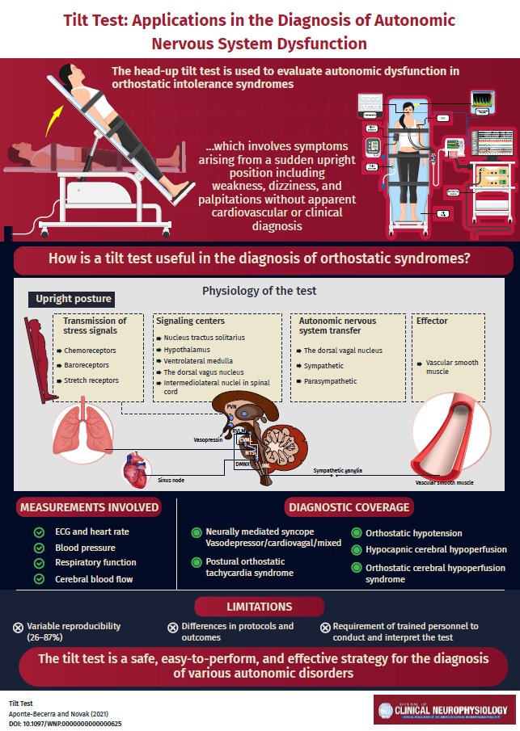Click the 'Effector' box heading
432,321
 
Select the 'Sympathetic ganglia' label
338,468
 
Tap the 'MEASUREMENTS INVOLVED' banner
90,507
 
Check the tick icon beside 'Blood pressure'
38,547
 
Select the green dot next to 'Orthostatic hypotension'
357,534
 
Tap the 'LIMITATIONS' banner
260,607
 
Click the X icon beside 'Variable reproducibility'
19,628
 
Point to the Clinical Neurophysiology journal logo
444,709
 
